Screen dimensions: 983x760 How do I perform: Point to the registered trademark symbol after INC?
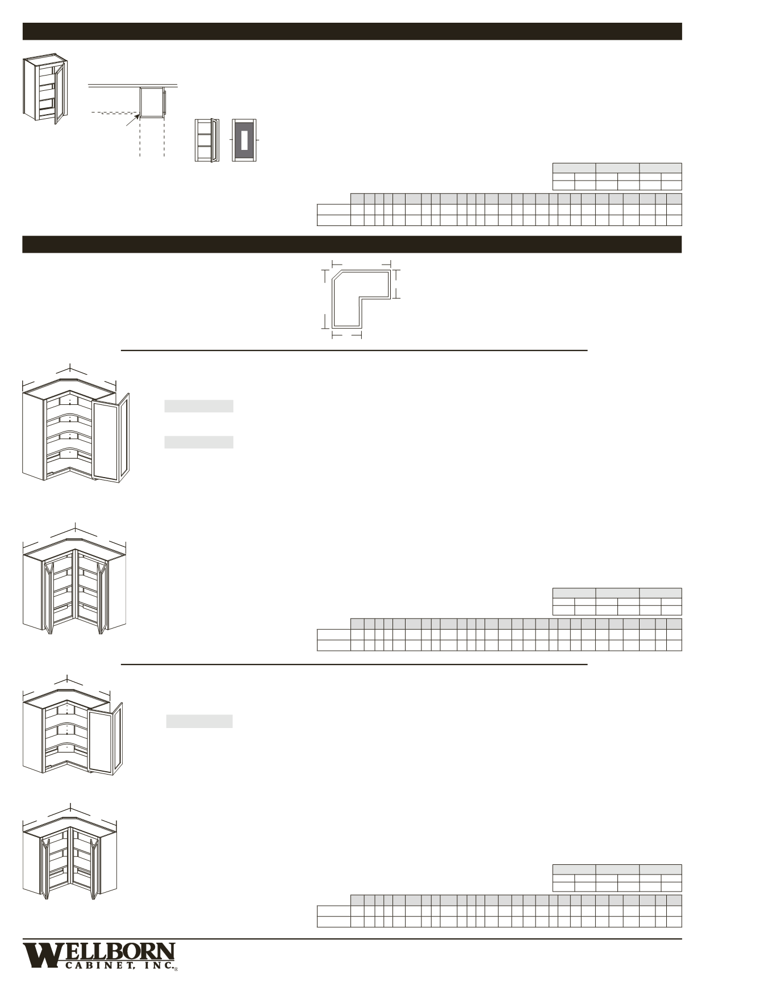[x=176, y=969]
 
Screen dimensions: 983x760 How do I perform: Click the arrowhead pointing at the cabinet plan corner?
[x=136, y=118]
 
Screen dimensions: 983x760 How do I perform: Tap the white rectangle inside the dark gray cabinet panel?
[x=244, y=140]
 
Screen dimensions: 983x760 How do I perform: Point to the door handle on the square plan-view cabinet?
[x=165, y=102]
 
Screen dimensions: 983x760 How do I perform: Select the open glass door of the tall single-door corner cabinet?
[x=111, y=441]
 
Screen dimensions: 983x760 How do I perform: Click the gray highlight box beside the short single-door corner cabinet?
[x=199, y=721]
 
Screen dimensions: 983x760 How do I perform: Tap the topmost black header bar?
[x=352, y=31]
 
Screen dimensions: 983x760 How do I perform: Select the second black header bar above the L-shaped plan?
[x=352, y=244]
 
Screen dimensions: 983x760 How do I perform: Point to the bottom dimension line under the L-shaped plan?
[x=346, y=336]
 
